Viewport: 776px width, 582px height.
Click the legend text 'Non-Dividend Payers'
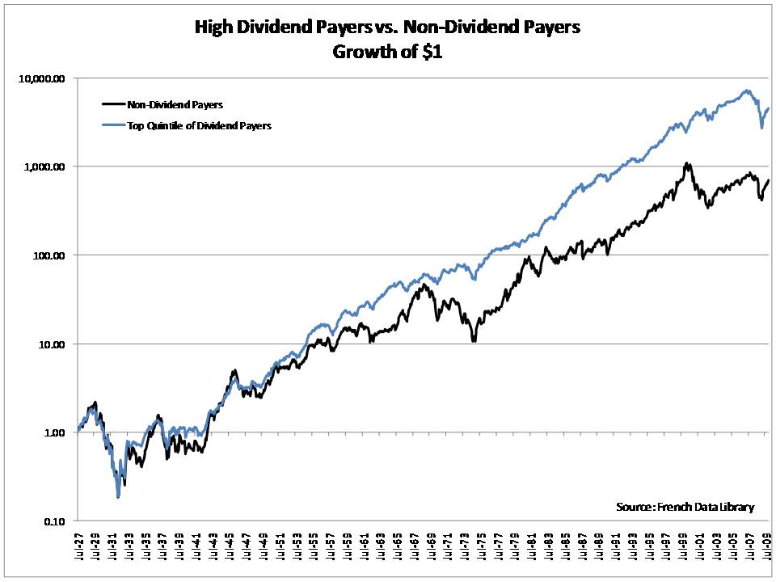tap(174, 104)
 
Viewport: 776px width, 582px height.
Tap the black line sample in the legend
tap(112, 104)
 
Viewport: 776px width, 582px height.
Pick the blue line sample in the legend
tap(112, 125)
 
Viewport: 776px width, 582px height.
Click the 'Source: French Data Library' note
tap(684, 507)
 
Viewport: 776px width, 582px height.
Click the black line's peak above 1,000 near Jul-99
tap(687, 163)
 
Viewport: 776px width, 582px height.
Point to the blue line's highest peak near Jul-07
tap(746, 91)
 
